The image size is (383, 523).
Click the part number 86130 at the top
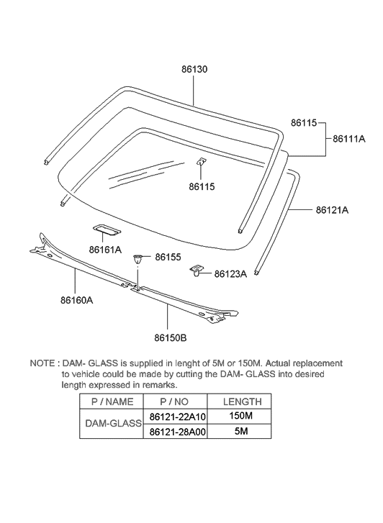tap(193, 70)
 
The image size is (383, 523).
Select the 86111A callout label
tap(349, 138)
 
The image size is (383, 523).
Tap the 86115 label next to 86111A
tap(304, 124)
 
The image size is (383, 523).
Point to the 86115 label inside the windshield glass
tap(202, 187)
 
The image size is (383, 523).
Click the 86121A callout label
tap(332, 210)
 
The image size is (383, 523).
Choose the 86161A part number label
tap(105, 250)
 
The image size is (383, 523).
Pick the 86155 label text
tap(168, 256)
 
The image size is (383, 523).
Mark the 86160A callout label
tap(77, 301)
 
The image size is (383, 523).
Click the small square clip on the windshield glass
tap(202, 163)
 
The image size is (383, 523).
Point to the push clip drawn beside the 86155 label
tap(140, 260)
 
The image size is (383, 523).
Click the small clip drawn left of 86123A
tap(197, 270)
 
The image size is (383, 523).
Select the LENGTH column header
tap(243, 401)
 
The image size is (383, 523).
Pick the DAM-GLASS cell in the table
tap(113, 424)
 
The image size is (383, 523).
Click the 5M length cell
tap(243, 432)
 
